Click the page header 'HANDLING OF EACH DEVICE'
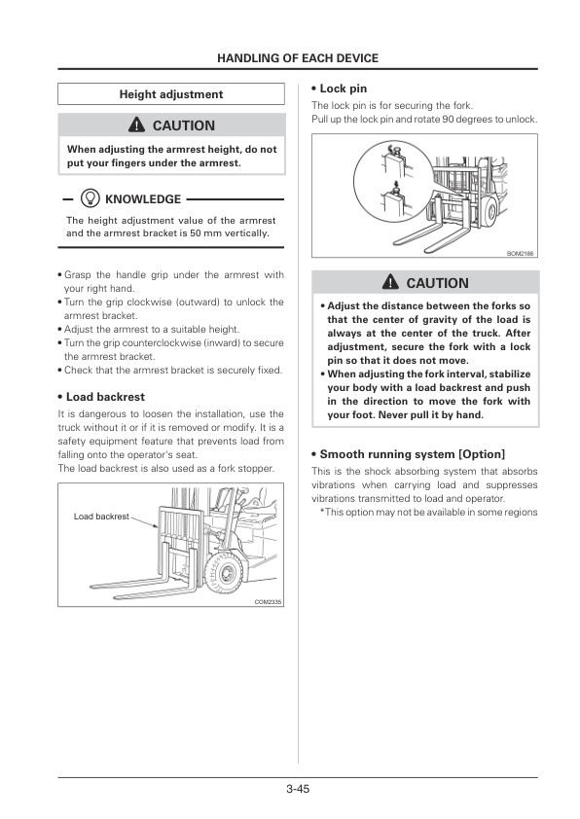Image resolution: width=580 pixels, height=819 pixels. tap(297, 58)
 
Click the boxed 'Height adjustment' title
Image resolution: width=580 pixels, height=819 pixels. tap(170, 94)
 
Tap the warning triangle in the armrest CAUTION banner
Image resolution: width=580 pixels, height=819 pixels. tap(137, 125)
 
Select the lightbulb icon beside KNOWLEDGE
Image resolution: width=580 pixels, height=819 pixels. tap(91, 198)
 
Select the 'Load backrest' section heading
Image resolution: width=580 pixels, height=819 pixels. tap(105, 397)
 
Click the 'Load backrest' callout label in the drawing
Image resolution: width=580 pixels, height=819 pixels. tap(101, 516)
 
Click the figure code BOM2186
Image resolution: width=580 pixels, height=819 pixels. tap(521, 253)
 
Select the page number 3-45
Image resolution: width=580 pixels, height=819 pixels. tap(298, 789)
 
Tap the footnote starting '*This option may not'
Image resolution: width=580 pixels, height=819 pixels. tap(428, 513)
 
